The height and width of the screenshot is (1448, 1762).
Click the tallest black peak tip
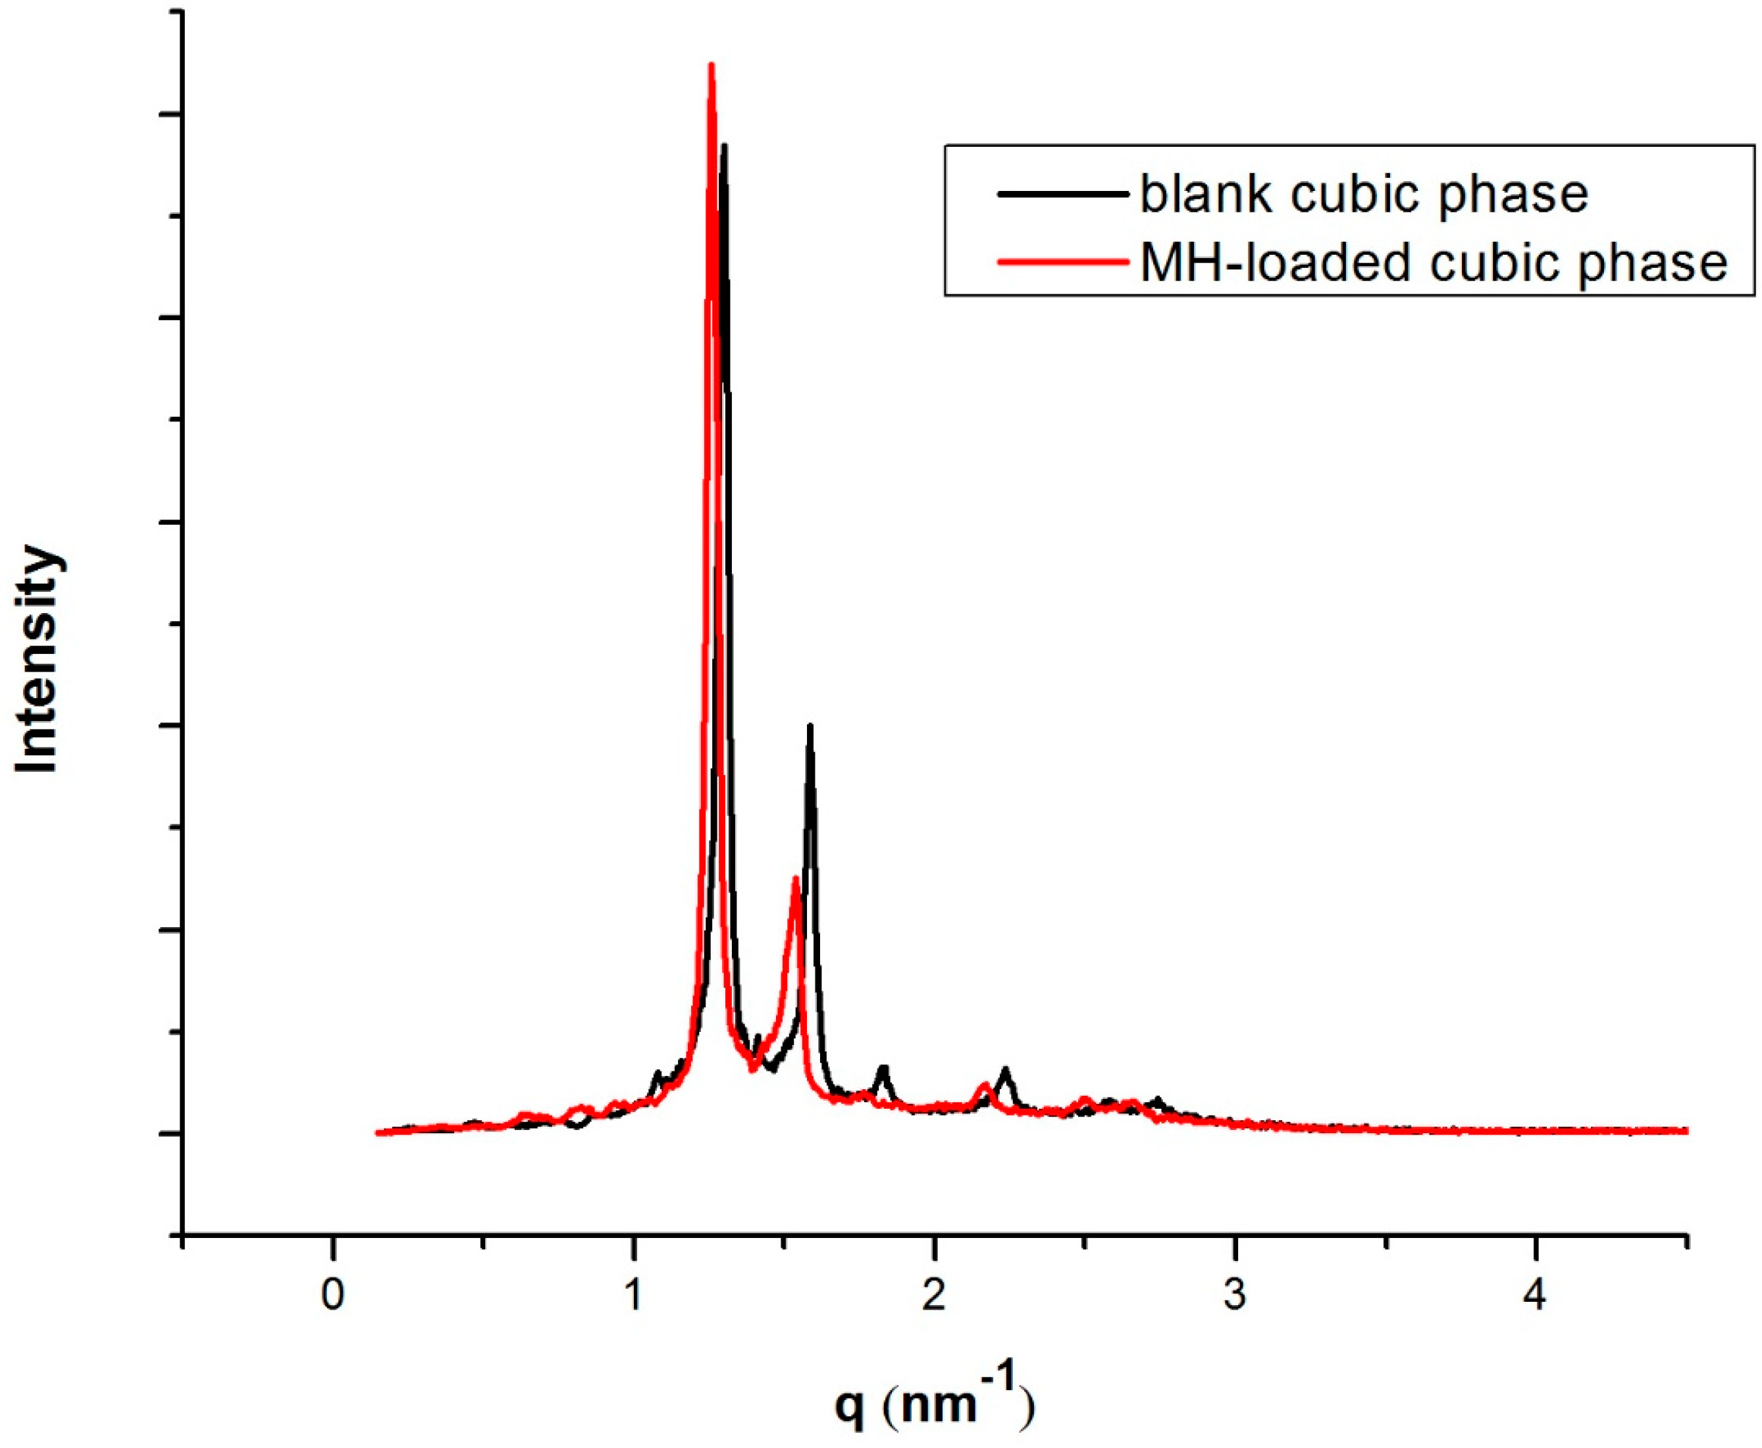(x=724, y=147)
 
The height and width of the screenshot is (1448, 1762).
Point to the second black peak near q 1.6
(x=809, y=726)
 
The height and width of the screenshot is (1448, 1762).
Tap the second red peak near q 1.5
(x=796, y=878)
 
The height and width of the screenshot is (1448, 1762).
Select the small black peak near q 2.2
(x=1006, y=1069)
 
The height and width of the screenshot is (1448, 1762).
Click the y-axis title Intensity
(x=38, y=659)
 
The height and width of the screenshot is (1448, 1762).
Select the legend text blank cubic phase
(x=1363, y=194)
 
